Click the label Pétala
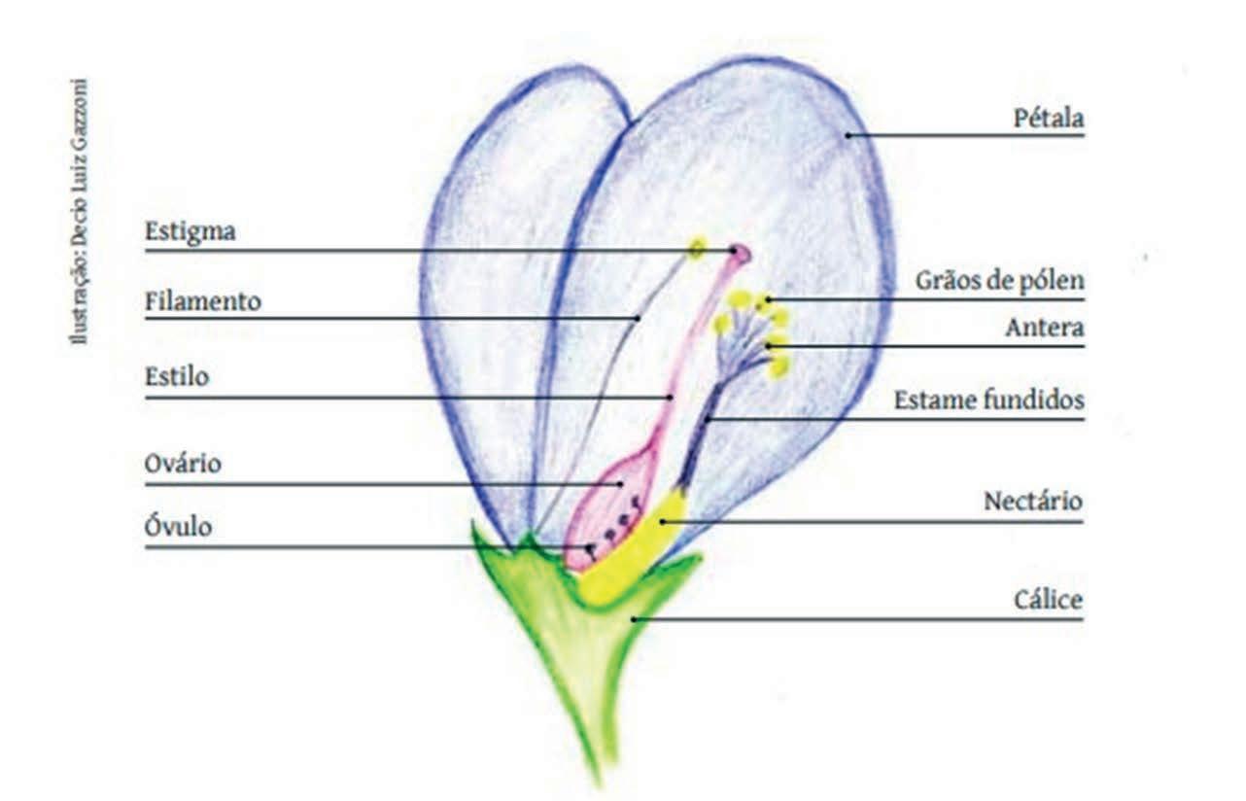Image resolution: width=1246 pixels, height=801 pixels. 1048,120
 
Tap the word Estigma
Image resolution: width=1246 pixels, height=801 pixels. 190,232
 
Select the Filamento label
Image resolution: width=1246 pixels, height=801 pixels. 202,301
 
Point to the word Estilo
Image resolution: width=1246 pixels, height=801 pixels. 176,376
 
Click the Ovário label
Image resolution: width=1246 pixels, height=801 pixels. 183,464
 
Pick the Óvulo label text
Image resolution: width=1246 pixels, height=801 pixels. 178,528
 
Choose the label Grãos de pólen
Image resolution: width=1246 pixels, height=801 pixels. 999,281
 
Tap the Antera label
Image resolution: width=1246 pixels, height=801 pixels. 1044,328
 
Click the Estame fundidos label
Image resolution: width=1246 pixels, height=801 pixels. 988,400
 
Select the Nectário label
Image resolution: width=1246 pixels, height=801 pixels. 1032,503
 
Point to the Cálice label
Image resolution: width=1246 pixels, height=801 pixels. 1047,601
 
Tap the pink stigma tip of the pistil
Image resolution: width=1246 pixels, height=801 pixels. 740,255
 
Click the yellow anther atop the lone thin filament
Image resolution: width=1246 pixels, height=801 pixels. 697,248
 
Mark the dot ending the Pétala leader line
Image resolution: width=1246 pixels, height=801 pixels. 848,135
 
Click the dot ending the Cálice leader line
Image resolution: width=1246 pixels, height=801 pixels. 633,618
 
